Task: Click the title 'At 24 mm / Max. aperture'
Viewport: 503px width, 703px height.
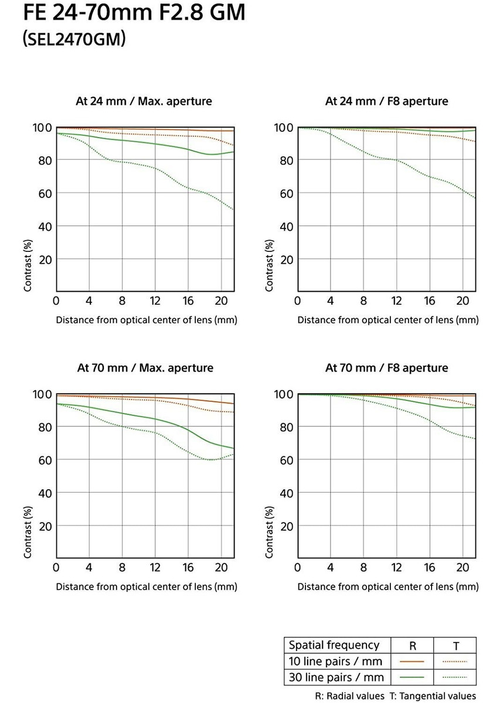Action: [144, 101]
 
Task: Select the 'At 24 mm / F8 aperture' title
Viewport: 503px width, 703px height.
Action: [386, 101]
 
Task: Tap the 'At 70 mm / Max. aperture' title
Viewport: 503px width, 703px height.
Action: [145, 368]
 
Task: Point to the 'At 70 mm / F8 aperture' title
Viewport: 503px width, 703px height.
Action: [386, 368]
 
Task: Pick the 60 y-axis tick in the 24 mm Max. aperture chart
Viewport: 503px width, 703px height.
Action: [45, 193]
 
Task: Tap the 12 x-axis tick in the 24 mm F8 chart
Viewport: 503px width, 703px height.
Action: [397, 301]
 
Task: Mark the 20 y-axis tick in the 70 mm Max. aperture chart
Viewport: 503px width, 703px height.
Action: [45, 526]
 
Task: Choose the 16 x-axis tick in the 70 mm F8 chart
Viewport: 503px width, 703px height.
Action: [430, 568]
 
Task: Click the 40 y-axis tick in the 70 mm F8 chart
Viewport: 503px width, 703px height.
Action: [287, 493]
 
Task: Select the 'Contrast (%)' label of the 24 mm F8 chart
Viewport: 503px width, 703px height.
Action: [270, 265]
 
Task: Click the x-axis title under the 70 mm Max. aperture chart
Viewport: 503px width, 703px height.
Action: [147, 586]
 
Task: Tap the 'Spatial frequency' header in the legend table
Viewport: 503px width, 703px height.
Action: [334, 645]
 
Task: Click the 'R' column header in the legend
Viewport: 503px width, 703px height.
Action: [413, 646]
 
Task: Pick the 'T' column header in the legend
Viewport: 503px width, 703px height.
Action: [456, 646]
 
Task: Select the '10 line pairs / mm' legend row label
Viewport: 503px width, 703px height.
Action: [335, 661]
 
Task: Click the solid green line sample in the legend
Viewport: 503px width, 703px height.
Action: [413, 677]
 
